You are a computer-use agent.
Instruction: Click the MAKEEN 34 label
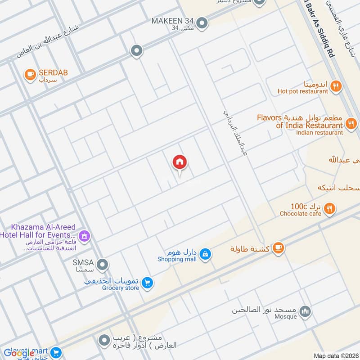point(173,21)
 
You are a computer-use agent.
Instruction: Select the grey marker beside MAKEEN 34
point(202,22)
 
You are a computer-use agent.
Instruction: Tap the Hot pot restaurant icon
point(335,86)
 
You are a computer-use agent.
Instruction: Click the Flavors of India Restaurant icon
point(351,122)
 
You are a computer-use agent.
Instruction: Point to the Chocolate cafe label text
point(300,214)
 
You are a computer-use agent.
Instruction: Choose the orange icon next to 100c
point(330,208)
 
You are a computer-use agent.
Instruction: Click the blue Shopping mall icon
point(205,254)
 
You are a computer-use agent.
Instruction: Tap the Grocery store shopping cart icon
point(147,283)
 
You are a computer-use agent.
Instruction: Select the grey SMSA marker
point(103,264)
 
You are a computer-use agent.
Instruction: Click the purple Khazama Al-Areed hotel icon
point(84,235)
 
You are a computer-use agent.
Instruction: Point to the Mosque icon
point(306,311)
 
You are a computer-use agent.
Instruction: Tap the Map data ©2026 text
point(335,355)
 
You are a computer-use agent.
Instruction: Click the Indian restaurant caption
point(319,132)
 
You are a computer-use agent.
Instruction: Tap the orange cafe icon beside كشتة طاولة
point(278,248)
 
